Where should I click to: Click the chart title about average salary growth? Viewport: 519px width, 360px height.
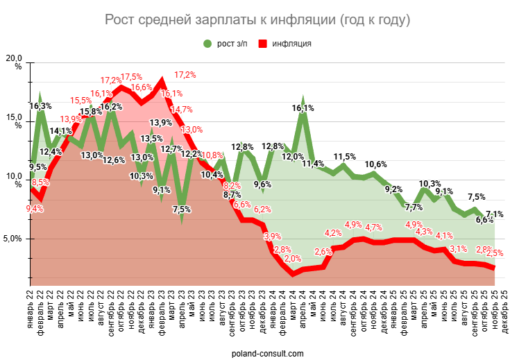tap(257, 19)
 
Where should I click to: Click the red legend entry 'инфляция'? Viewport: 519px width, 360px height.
tap(284, 43)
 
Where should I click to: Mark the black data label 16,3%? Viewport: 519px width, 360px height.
tap(40, 106)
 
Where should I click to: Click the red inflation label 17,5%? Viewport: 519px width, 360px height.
tap(132, 76)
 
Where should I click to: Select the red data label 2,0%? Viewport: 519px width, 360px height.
tap(293, 259)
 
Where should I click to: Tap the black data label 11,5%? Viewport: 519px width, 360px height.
tap(345, 157)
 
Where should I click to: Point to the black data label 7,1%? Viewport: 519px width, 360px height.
tap(495, 214)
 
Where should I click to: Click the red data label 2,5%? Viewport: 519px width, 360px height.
tap(495, 253)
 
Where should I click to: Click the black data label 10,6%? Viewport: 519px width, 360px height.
tap(376, 164)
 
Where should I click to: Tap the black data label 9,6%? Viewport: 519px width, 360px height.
tap(263, 184)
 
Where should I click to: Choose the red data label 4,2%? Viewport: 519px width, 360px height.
tap(333, 233)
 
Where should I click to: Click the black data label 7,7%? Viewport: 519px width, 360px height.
tap(414, 207)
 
